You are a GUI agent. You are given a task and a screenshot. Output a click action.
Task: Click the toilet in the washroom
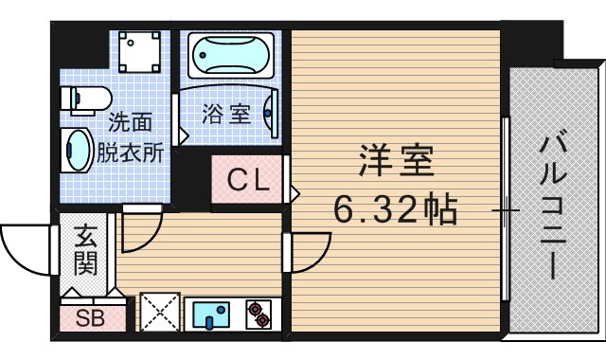tap(84, 98)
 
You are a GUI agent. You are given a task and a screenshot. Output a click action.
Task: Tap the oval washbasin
tap(78, 150)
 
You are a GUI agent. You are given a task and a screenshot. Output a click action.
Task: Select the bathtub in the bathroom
tap(231, 56)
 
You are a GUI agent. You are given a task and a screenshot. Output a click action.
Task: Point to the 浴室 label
tap(226, 115)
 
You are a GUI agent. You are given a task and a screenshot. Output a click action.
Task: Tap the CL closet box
tap(247, 179)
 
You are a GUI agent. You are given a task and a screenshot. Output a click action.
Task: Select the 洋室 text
tap(396, 161)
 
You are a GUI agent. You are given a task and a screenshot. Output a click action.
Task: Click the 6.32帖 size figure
tap(396, 207)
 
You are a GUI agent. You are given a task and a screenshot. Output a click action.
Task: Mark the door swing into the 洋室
tap(308, 252)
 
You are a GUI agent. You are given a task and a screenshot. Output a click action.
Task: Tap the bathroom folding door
tap(179, 118)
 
